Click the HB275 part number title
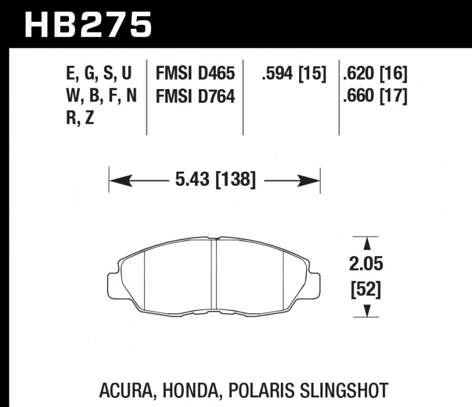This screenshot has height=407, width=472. pos(88,25)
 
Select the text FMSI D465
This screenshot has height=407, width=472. pos(195,74)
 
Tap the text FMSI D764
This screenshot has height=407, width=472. pos(195,96)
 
